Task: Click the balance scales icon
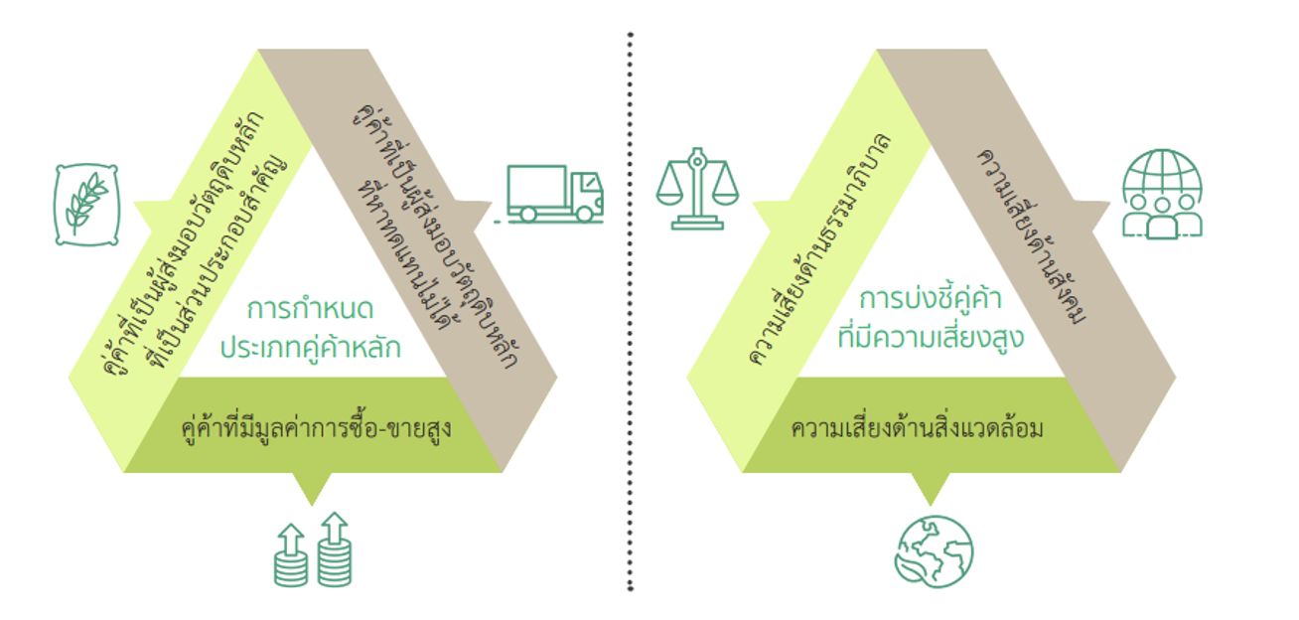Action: coord(697,188)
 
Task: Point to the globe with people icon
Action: coord(1161,194)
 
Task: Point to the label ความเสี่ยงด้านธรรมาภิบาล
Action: coord(817,248)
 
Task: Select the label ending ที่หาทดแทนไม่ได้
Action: coord(406,263)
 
